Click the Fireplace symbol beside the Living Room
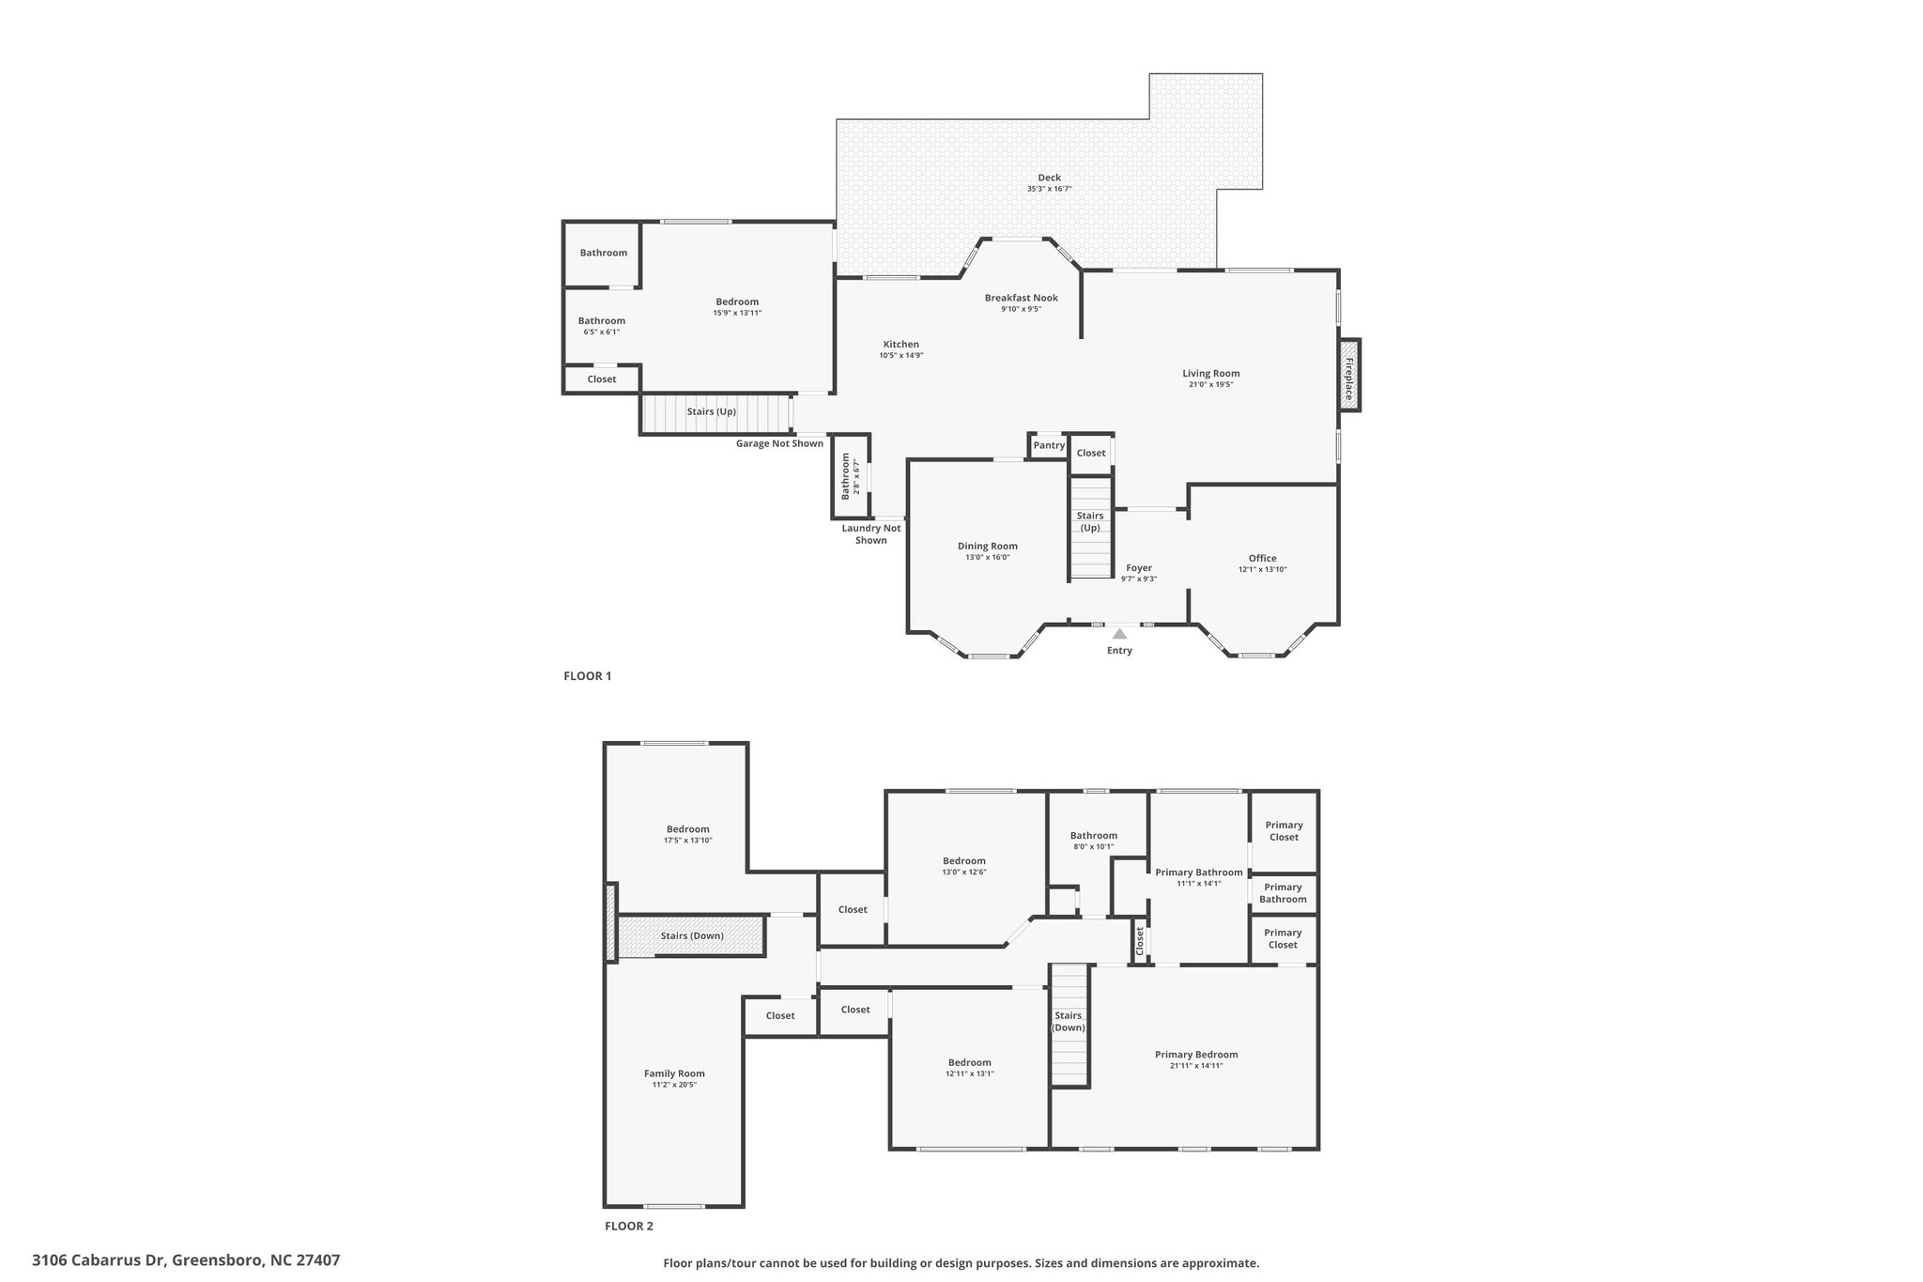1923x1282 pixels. [1349, 375]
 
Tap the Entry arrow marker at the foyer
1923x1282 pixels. [1119, 634]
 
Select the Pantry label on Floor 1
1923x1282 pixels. [1049, 445]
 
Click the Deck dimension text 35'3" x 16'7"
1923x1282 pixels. [1049, 189]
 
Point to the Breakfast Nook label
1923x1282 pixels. [1022, 298]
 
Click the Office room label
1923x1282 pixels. [1263, 558]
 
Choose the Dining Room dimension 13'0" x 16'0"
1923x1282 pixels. [988, 557]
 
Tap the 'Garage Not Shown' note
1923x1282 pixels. [779, 443]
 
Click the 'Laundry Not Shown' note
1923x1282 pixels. [871, 533]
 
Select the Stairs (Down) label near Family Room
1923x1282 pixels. [692, 935]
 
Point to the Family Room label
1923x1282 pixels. [674, 1073]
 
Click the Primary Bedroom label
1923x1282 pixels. [1196, 1054]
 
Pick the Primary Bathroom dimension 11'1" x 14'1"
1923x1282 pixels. [1199, 883]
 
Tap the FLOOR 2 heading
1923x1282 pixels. [629, 1226]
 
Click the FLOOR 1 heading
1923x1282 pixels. [588, 675]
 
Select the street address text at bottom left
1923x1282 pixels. [186, 1259]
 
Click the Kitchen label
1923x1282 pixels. [901, 344]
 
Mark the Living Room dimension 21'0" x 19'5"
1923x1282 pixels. [1211, 384]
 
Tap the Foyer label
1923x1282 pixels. [1139, 567]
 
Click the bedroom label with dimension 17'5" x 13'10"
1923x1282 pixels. [688, 828]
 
